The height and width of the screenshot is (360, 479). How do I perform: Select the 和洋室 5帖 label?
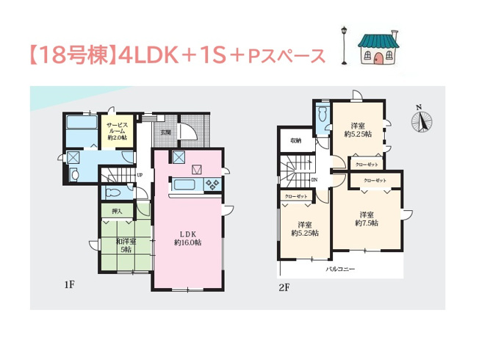point(123,244)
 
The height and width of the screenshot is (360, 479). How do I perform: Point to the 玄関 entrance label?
point(166,132)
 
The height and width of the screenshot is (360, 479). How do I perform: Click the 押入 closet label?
point(117,212)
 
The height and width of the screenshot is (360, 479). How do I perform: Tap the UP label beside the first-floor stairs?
point(140,176)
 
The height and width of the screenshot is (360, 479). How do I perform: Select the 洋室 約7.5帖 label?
point(366,218)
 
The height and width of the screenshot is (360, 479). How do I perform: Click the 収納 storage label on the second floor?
point(295,140)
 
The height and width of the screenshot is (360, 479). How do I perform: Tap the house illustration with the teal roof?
point(376,48)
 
